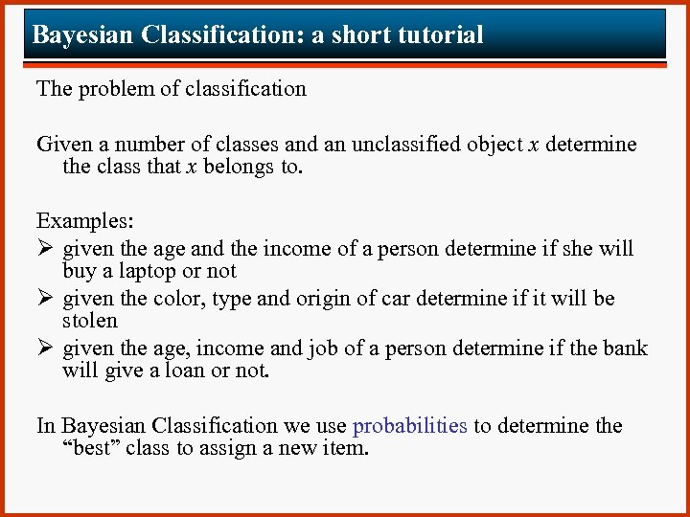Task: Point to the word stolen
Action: tap(89, 321)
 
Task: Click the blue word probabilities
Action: tap(410, 426)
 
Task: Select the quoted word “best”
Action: tap(90, 448)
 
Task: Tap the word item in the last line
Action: tap(346, 448)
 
